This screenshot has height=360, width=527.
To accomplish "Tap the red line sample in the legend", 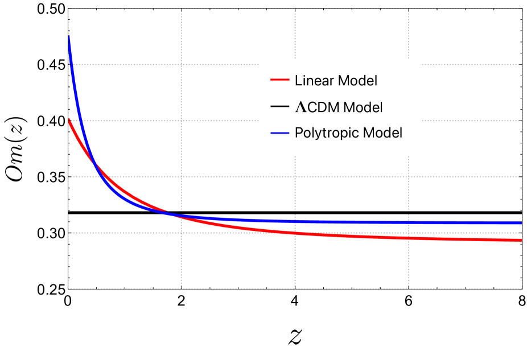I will click(x=280, y=80).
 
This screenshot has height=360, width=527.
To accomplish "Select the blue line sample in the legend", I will click(x=280, y=133).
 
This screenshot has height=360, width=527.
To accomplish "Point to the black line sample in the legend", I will click(x=280, y=107).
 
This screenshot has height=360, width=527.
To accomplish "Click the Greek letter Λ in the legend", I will click(x=299, y=107).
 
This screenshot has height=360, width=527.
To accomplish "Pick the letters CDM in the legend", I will click(x=323, y=107).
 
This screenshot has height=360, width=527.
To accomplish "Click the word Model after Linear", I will click(x=357, y=81).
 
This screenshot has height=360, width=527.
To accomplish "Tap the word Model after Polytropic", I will click(x=382, y=133).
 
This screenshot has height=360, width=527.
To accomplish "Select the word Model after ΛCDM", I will click(x=363, y=107).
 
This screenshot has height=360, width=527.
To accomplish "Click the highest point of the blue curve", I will click(x=69, y=36).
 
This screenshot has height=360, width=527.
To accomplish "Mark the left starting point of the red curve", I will click(x=69, y=120).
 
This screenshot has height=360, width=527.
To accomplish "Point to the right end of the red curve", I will click(x=521, y=241).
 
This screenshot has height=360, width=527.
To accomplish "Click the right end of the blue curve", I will click(x=521, y=223).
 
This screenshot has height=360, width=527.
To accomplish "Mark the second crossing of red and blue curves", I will click(x=174, y=214).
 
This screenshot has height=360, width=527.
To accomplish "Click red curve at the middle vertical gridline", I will click(x=295, y=233).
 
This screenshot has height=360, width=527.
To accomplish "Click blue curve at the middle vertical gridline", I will click(x=295, y=221).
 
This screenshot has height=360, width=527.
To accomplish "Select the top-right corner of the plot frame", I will click(x=522, y=8).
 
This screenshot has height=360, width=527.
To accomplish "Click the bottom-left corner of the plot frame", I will click(x=68, y=289).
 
